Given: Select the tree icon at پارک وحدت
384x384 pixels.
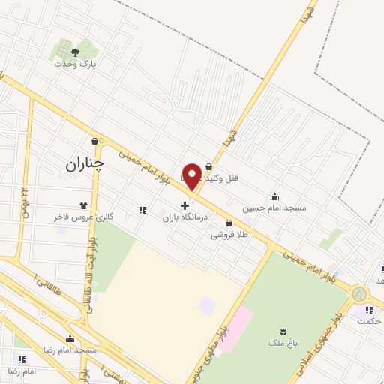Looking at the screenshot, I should point(75,52).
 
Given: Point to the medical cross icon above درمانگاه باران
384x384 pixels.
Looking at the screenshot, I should point(184,205).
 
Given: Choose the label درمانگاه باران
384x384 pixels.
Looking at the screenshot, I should point(184,217).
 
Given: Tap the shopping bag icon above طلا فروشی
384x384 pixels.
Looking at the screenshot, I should point(229,223).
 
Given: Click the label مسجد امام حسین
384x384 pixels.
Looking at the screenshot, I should point(274,208).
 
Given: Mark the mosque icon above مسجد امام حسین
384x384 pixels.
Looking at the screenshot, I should point(274,196).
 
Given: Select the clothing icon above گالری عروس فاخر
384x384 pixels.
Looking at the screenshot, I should point(83,205).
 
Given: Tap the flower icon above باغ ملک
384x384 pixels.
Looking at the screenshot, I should point(283,331).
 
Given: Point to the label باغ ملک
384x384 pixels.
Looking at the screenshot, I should point(283,343).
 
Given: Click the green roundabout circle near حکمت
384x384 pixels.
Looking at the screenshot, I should point(360,294).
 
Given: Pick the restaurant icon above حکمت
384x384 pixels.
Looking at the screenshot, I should point(368,310).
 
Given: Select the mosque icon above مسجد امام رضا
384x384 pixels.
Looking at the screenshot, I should point(70,339).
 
